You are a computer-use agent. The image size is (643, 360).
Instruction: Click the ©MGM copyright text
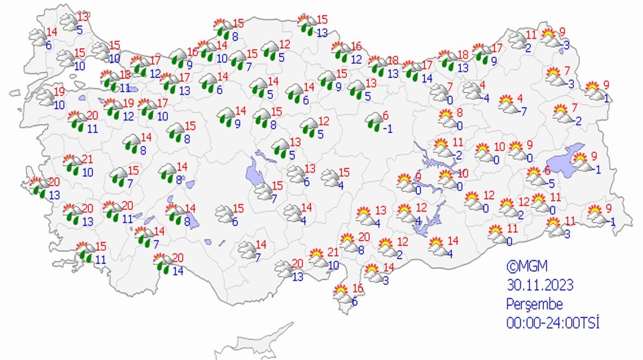(x=527, y=266)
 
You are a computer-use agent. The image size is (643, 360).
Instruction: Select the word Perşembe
(x=535, y=304)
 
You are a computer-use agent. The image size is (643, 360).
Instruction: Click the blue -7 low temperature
(x=522, y=111)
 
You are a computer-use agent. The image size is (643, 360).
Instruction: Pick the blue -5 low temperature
(x=550, y=182)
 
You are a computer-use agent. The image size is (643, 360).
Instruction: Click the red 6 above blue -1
(x=385, y=115)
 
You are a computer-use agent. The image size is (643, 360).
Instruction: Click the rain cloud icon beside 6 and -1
(x=373, y=122)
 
